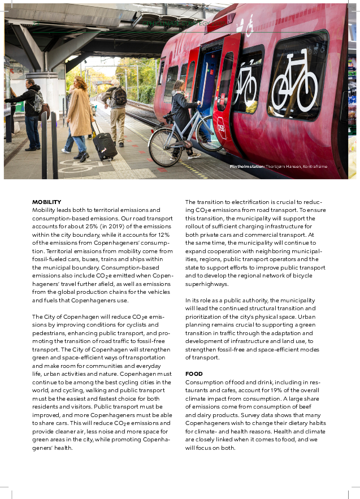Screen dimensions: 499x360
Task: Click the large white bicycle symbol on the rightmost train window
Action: point(294,83)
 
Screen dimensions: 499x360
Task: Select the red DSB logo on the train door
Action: point(222,131)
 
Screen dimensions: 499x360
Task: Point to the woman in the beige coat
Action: point(79,116)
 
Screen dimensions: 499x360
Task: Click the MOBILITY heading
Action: point(46,202)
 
